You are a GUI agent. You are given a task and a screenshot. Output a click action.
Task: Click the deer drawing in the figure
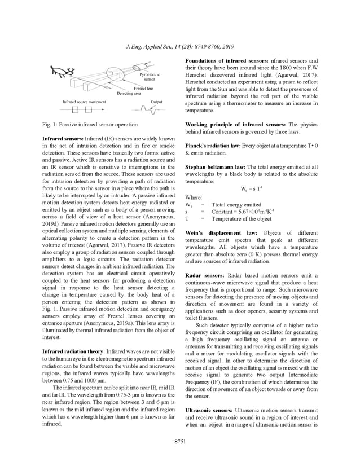coord(61,72)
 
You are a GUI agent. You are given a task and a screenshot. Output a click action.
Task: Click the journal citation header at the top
coord(179,46)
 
